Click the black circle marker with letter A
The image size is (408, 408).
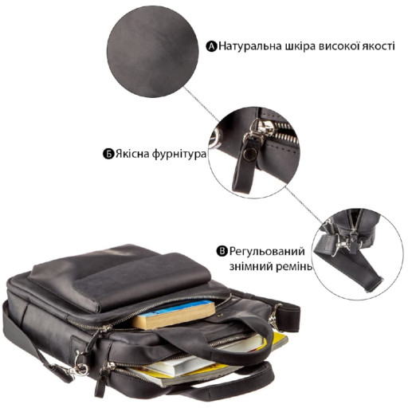tap(212, 46)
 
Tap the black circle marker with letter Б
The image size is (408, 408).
tap(108, 154)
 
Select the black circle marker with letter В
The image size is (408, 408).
tap(222, 251)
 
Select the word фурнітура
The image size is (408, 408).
tap(179, 155)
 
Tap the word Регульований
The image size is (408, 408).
tap(267, 251)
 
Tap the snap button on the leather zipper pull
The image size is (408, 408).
tap(250, 155)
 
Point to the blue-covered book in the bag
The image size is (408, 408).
tap(174, 314)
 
